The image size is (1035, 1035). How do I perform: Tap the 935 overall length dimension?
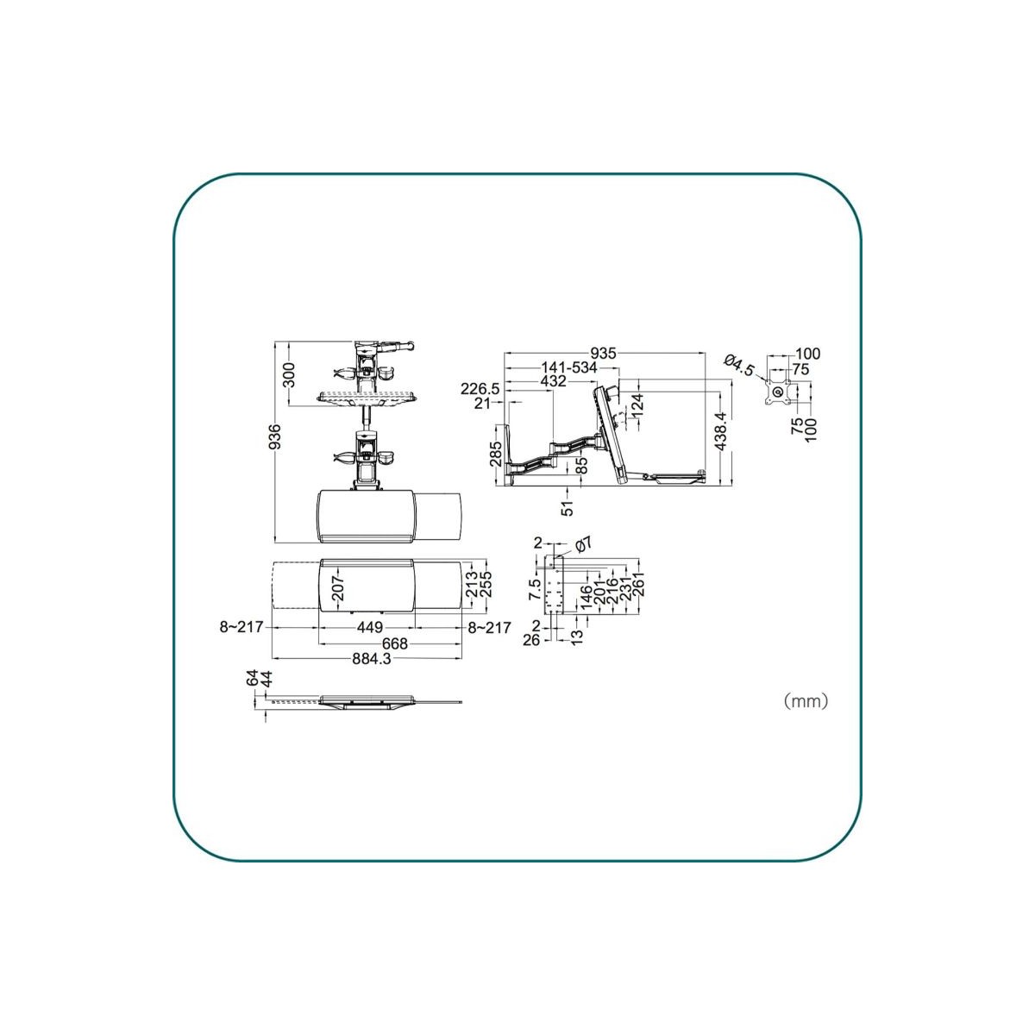(603, 354)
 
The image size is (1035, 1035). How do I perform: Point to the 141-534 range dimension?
(569, 368)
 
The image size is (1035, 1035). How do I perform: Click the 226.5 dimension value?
(480, 388)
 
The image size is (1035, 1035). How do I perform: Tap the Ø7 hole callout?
(584, 544)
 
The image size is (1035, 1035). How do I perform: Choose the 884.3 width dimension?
(372, 658)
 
